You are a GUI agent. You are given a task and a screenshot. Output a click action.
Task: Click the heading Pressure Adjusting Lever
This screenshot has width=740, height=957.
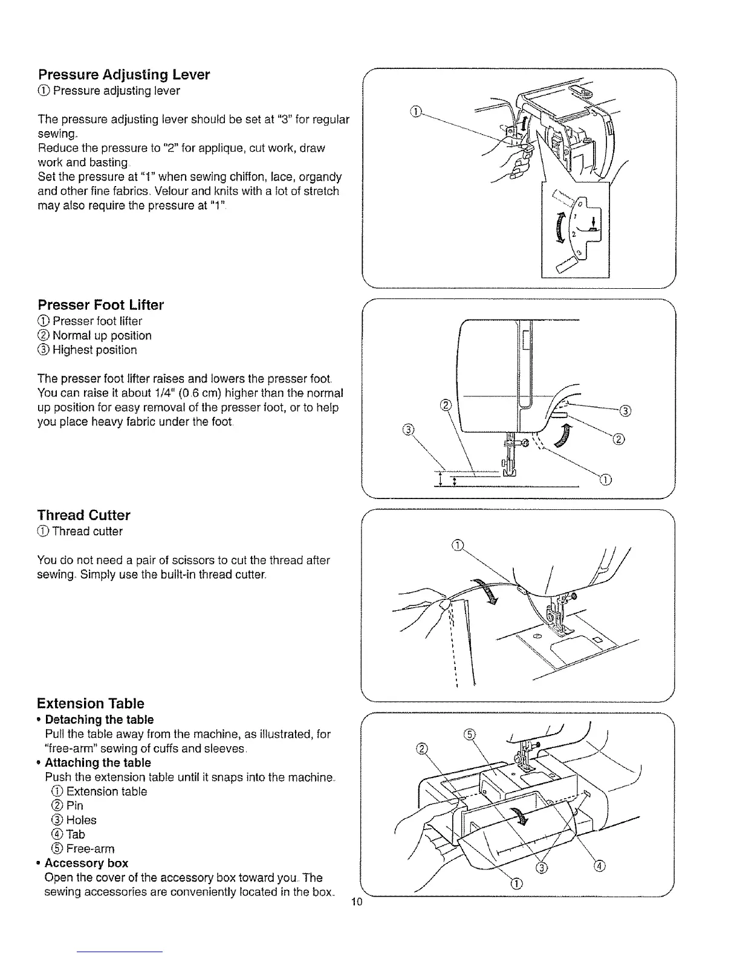(123, 75)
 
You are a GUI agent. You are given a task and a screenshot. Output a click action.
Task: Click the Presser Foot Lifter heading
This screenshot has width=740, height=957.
(100, 305)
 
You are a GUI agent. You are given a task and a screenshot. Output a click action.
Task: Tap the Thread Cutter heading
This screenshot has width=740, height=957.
(83, 515)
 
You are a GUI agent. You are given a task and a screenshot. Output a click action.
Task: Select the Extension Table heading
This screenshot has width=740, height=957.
(91, 703)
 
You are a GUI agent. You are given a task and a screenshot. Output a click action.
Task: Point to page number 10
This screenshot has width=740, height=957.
(356, 903)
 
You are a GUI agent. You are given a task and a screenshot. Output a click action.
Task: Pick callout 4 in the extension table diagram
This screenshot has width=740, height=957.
(599, 867)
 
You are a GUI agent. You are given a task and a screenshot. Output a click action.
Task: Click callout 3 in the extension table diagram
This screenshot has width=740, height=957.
(541, 868)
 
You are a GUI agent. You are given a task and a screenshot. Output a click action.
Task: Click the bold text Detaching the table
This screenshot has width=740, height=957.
(99, 720)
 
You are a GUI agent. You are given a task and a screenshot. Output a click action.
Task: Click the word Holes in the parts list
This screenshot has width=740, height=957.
(81, 820)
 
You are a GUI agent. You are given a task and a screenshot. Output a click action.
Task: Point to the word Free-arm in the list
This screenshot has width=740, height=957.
(90, 849)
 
